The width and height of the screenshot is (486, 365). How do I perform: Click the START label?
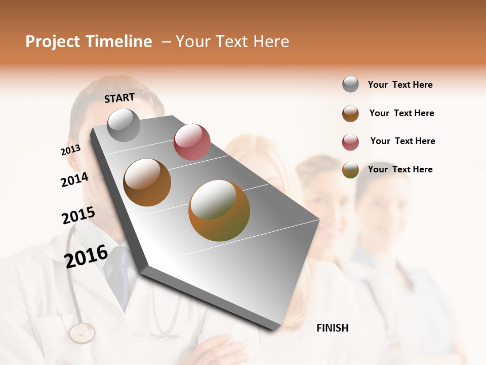tap(119, 98)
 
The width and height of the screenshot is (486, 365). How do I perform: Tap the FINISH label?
tap(332, 328)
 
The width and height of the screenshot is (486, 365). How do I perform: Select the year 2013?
tap(70, 150)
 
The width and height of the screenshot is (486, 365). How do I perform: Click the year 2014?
tap(74, 179)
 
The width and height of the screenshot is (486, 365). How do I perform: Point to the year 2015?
tap(78, 215)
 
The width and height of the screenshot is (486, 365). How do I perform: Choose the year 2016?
tap(86, 257)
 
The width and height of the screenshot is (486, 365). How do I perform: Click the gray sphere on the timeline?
tap(124, 125)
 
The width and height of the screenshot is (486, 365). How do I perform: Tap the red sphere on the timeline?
tap(192, 142)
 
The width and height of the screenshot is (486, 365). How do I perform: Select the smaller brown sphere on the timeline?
tap(147, 182)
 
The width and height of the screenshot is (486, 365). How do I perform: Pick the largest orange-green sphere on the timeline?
tap(219, 210)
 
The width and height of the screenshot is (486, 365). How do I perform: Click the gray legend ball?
tap(350, 85)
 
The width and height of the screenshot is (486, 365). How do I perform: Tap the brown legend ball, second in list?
tap(350, 114)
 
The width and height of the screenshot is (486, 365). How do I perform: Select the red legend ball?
tap(350, 142)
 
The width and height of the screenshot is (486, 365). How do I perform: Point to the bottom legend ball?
tap(350, 170)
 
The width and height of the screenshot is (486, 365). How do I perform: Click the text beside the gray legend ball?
tap(400, 85)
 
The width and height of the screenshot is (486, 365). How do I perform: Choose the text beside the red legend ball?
tap(402, 141)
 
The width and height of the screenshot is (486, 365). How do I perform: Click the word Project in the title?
tap(53, 42)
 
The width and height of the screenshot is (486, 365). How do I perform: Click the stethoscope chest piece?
tap(82, 333)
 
